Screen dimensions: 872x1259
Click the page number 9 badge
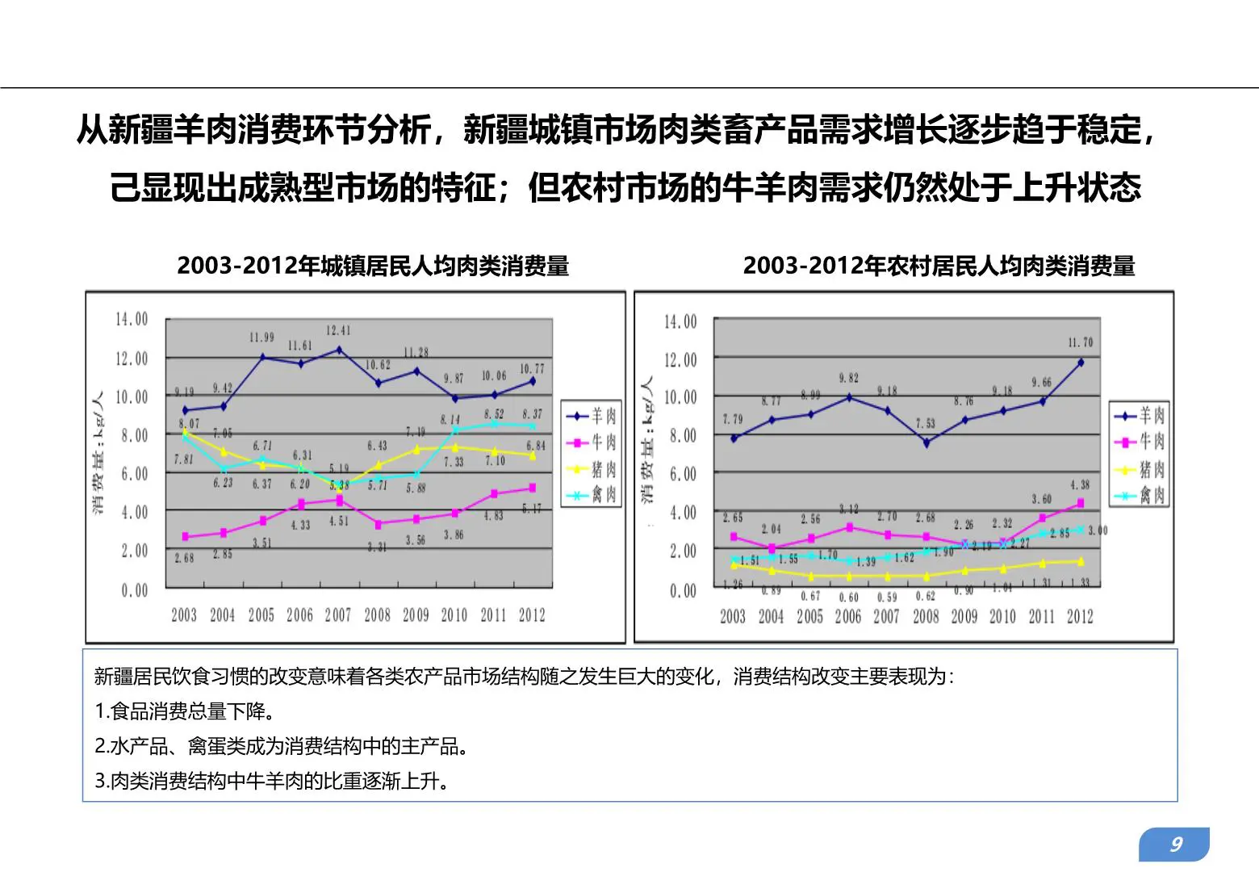coord(1175,845)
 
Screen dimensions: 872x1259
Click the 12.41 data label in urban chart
coord(338,331)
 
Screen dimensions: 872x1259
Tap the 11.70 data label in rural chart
coord(1080,343)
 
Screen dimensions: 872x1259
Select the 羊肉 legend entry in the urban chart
coord(592,416)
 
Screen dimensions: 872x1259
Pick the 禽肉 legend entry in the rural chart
coord(1140,496)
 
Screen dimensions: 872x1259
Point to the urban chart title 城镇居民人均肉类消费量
coord(373,266)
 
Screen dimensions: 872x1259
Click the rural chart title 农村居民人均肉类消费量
coord(939,266)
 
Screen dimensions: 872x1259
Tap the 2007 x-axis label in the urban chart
coord(338,615)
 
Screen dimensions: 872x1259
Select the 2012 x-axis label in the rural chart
coord(1080,617)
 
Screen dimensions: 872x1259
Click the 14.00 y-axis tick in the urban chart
coord(132,320)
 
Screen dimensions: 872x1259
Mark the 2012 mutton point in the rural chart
coord(1081,363)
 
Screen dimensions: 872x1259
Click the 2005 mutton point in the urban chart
coord(262,357)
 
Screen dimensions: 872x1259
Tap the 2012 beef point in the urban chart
coord(532,488)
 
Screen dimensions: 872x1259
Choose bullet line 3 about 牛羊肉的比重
coord(272,781)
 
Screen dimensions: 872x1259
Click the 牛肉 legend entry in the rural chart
coord(1140,442)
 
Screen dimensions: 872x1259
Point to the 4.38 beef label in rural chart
coord(1080,485)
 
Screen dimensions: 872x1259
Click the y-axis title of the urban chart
coord(97,452)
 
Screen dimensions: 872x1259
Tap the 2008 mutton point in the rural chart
coord(926,442)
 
